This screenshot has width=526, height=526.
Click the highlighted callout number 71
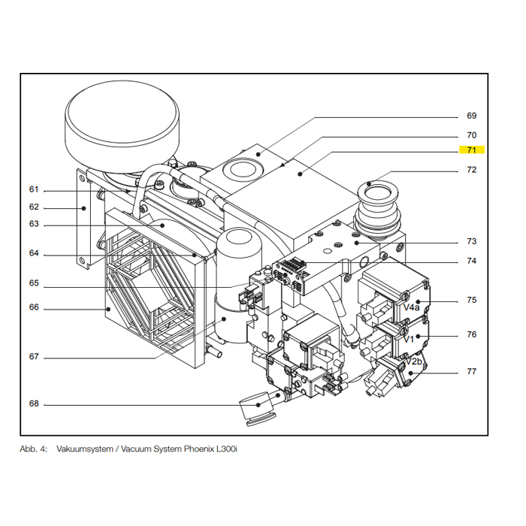coord(471,150)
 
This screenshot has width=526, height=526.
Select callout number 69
coord(471,116)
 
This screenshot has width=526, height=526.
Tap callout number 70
coord(471,135)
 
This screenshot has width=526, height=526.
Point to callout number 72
coord(471,170)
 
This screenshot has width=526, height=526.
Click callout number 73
coord(471,241)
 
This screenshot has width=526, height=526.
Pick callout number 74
coord(471,261)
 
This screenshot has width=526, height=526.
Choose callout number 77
coord(471,371)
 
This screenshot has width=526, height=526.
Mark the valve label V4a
coord(412,307)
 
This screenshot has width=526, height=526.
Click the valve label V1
coord(410,338)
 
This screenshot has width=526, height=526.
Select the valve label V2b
coord(415,362)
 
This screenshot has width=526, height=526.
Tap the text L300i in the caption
coord(225,449)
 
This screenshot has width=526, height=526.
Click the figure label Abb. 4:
coord(34,449)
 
